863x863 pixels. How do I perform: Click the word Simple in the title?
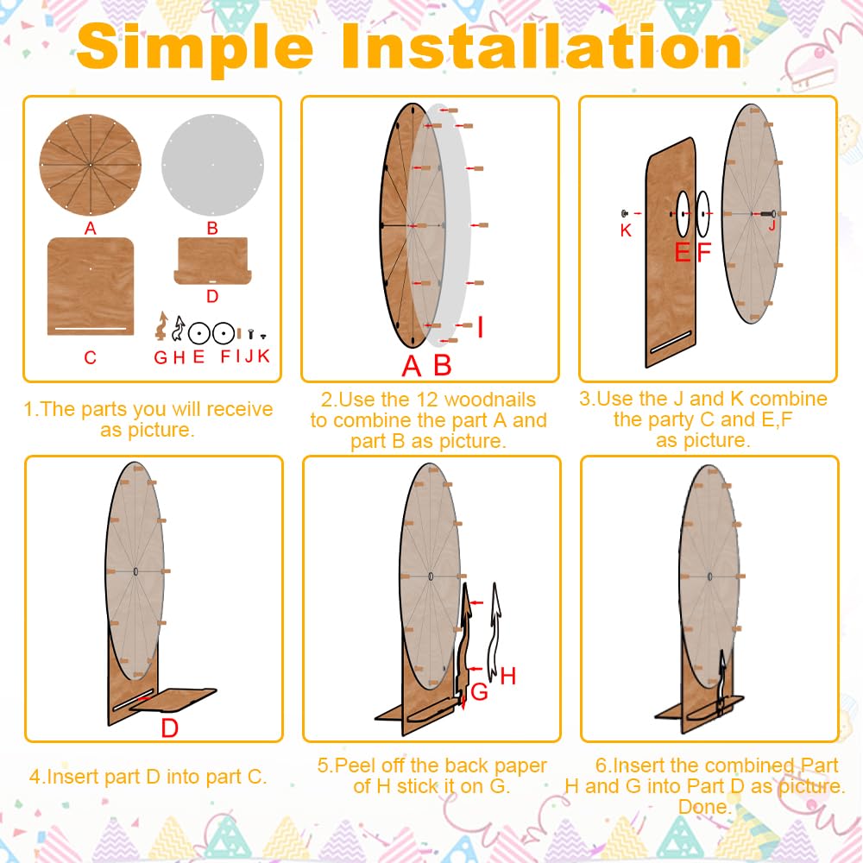pyautogui.click(x=195, y=48)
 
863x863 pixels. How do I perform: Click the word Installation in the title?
pyautogui.click(x=542, y=47)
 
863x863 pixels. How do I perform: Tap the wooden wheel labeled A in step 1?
pyautogui.click(x=91, y=165)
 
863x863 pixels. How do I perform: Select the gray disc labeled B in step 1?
pyautogui.click(x=212, y=165)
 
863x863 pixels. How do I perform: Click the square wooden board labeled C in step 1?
pyautogui.click(x=91, y=287)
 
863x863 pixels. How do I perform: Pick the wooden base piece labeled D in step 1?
pyautogui.click(x=212, y=261)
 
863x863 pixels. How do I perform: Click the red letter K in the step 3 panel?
pyautogui.click(x=626, y=230)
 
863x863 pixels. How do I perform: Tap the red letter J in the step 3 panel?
pyautogui.click(x=772, y=224)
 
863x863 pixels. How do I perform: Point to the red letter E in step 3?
pyautogui.click(x=683, y=253)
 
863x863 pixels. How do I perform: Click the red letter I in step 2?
pyautogui.click(x=481, y=326)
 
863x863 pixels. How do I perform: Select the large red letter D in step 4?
pyautogui.click(x=169, y=728)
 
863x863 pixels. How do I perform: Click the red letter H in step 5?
pyautogui.click(x=508, y=677)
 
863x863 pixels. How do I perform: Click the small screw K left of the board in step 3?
pyautogui.click(x=625, y=213)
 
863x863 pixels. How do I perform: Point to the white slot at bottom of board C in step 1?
pyautogui.click(x=91, y=329)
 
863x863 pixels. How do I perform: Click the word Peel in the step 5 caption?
pyautogui.click(x=352, y=765)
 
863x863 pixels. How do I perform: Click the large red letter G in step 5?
pyautogui.click(x=479, y=692)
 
